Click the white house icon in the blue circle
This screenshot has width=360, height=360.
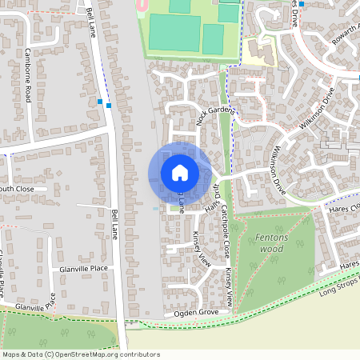(x=180, y=171)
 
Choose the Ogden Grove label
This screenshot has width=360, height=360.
(x=196, y=313)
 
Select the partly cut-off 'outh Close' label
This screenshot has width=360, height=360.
(x=16, y=190)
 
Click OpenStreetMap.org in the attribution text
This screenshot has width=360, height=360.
(x=94, y=354)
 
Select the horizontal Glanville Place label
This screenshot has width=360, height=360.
(x=83, y=270)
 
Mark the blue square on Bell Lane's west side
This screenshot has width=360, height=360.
(x=100, y=102)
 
